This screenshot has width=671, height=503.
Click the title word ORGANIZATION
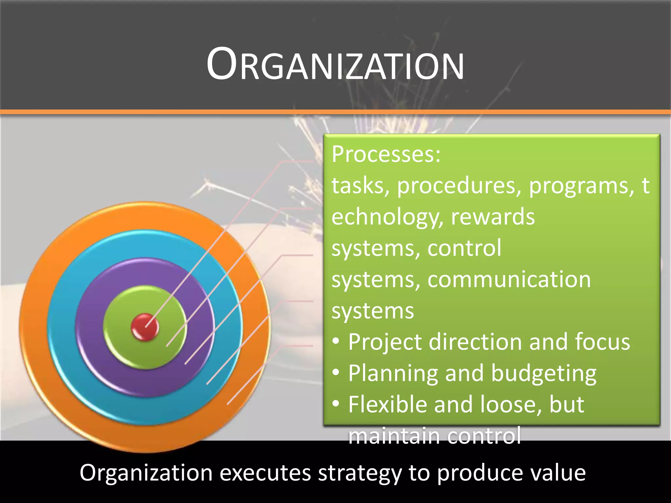tap(335, 64)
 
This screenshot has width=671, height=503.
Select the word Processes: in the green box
tap(386, 154)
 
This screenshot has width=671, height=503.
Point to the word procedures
tap(459, 186)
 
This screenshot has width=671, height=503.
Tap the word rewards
tap(492, 217)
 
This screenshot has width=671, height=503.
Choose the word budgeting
tap(544, 373)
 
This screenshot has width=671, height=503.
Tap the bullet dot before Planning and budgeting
tap(335, 372)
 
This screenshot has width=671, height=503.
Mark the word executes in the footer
tap(265, 473)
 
